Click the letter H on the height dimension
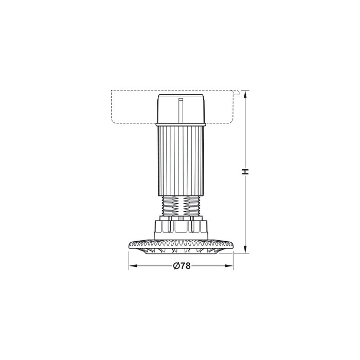[246, 172]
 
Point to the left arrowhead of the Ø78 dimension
[132, 266]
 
